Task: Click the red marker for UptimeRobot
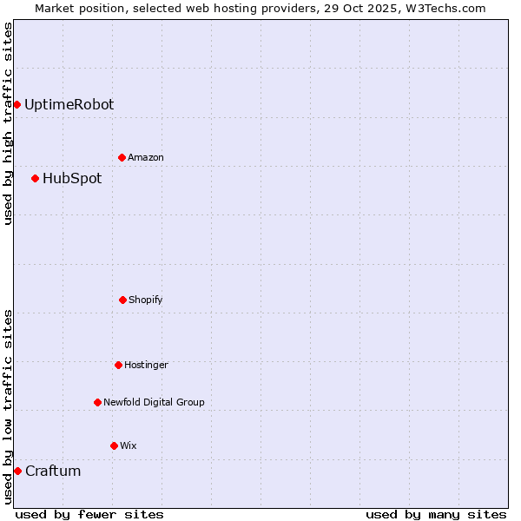(16, 105)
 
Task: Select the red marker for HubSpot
(36, 179)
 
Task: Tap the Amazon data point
(122, 158)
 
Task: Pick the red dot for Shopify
(122, 300)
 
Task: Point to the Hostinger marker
(119, 366)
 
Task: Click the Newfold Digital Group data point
(98, 403)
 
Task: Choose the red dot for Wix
(114, 446)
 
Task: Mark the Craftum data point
(17, 472)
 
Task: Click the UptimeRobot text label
(69, 105)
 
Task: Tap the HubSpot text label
(72, 179)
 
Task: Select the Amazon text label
(146, 158)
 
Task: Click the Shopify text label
(146, 300)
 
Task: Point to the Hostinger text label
(146, 366)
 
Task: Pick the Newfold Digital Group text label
(154, 403)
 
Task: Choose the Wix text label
(129, 446)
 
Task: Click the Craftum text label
(53, 472)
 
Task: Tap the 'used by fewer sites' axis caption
(89, 514)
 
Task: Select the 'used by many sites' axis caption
(436, 514)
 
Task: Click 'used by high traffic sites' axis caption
(8, 123)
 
